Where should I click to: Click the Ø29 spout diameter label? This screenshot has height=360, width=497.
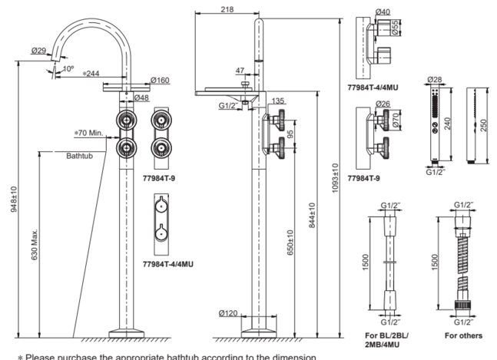point(39,51)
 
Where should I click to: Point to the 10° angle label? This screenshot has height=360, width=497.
point(67,69)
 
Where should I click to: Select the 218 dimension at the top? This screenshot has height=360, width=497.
point(227,8)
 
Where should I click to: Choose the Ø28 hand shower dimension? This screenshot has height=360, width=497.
point(435,78)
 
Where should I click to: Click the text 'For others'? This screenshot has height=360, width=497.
point(463,335)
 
